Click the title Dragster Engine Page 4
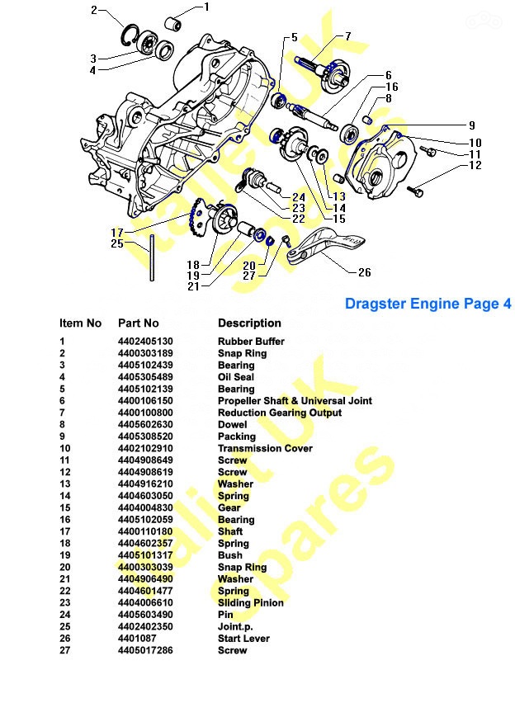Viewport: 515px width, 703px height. coord(428,304)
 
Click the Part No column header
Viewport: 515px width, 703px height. coord(138,323)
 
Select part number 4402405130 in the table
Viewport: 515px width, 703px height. coord(145,342)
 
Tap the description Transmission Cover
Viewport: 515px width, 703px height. coord(265,448)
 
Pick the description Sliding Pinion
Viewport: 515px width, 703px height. coord(251,602)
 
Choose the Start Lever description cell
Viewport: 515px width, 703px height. coord(243,639)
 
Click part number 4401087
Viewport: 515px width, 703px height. coord(137,639)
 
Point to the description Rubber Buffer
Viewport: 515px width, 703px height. coord(251,342)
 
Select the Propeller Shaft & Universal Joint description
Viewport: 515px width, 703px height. coord(295,401)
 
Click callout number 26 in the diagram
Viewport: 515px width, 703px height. coord(364,272)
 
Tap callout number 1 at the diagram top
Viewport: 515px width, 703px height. coord(206,7)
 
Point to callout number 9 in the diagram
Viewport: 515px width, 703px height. coord(471,125)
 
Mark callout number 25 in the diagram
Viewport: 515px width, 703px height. coord(117,243)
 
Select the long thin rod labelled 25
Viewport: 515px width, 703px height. coord(152,257)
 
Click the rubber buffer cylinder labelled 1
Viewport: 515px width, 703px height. coord(174,24)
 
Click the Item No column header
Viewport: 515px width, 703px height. coord(80,323)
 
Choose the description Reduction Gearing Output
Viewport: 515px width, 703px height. coord(280,413)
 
